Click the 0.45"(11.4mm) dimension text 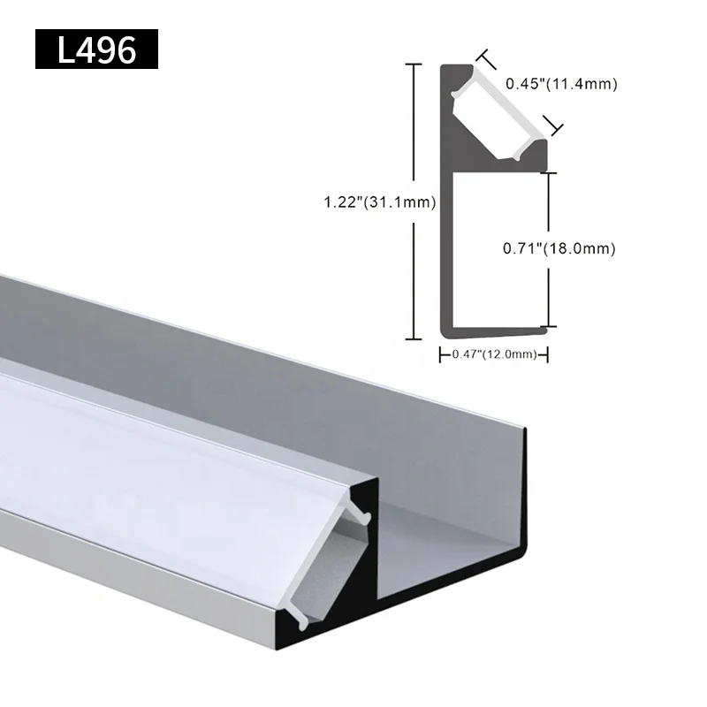tap(560, 85)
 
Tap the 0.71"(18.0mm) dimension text tap(559, 249)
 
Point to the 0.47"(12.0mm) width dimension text tap(494, 354)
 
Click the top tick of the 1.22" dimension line tap(412, 65)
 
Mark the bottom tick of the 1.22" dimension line tap(412, 338)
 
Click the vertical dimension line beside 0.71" tap(550, 249)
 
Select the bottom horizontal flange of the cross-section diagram tap(495, 331)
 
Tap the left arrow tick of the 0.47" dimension tap(441, 354)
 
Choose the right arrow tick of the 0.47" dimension tap(548, 354)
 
